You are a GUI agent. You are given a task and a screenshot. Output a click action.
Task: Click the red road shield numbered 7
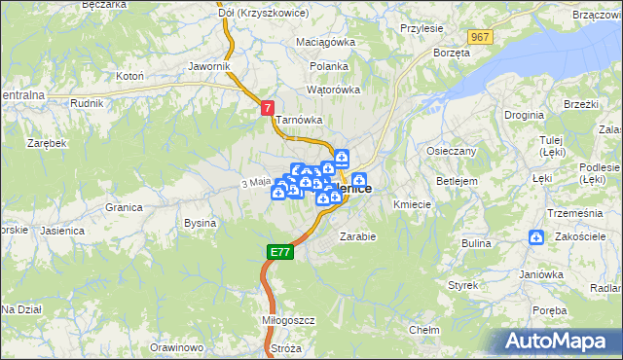[x=268, y=110]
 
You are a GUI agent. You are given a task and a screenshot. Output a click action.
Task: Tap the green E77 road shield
[x=279, y=252]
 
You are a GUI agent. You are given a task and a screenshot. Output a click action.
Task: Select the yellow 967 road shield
[x=478, y=37]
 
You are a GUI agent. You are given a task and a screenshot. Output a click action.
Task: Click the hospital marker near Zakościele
[x=536, y=237]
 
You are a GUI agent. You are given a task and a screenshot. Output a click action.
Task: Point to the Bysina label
[x=200, y=223]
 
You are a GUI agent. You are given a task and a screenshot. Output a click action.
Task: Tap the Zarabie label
[x=357, y=235]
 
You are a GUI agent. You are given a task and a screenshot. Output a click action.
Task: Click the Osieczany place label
[x=451, y=152]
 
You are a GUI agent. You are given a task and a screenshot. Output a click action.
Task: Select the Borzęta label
[x=452, y=52]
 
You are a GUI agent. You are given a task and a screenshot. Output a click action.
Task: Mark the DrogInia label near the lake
[x=525, y=115]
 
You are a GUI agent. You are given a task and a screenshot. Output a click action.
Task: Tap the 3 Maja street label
[x=254, y=182]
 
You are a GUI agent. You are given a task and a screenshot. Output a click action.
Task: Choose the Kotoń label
[x=129, y=75]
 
